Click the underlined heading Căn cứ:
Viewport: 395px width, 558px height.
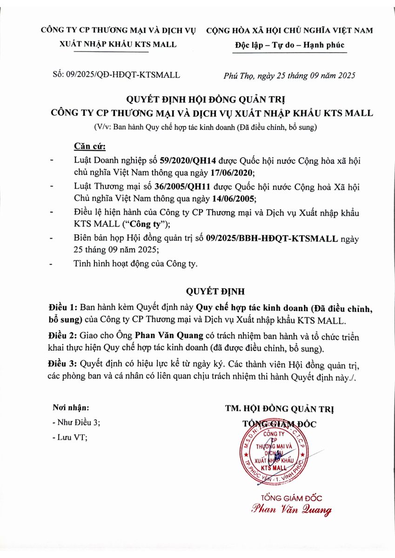point(90,147)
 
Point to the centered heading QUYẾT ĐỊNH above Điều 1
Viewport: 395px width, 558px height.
point(215,292)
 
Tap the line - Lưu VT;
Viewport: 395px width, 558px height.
point(70,437)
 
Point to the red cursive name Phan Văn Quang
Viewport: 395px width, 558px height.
point(292,509)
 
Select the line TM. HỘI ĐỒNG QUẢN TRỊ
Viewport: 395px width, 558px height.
point(279,409)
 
